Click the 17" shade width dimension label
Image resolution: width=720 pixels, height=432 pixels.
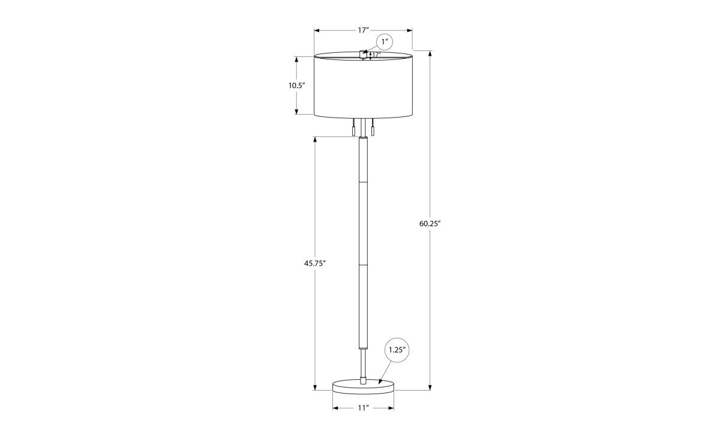point(363,30)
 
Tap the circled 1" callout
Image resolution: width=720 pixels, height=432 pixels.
point(385,42)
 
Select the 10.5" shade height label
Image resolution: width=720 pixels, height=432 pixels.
point(296,85)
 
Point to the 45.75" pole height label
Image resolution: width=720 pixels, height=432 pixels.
point(315,263)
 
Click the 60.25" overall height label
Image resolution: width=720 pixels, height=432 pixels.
point(430,224)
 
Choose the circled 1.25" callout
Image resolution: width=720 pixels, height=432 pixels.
point(397,350)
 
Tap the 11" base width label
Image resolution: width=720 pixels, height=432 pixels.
point(363,408)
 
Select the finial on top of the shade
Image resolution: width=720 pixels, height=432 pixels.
point(363,55)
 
